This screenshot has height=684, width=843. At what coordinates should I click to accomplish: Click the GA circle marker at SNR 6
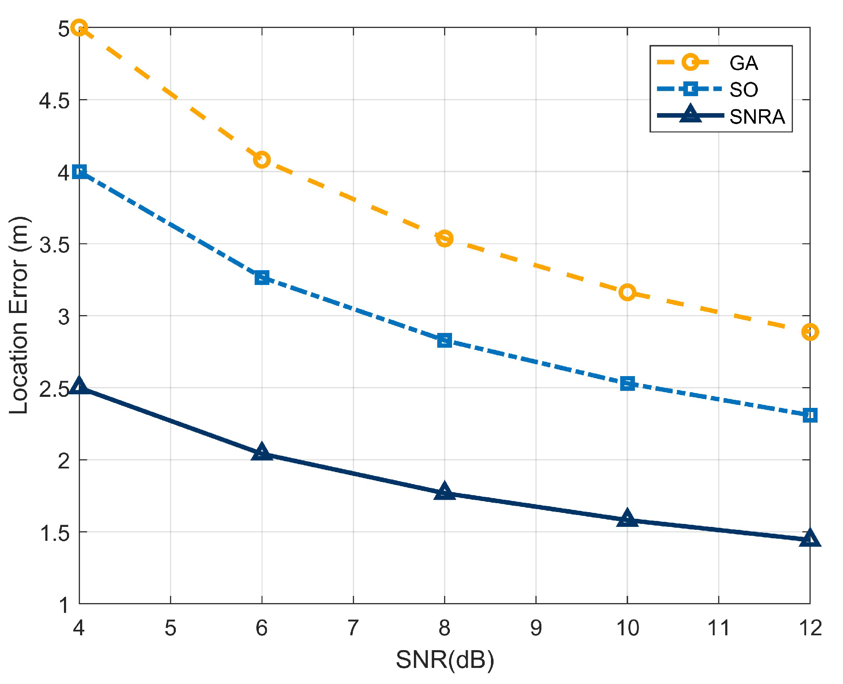pyautogui.click(x=262, y=160)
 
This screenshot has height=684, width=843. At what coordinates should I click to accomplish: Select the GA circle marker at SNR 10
pyautogui.click(x=627, y=292)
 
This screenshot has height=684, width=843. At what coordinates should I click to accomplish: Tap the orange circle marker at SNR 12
pyautogui.click(x=810, y=332)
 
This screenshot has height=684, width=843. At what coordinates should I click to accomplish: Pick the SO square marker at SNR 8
pyautogui.click(x=444, y=340)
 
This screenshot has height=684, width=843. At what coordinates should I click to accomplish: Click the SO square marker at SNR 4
pyautogui.click(x=80, y=172)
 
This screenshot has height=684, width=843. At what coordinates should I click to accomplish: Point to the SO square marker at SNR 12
pyautogui.click(x=810, y=415)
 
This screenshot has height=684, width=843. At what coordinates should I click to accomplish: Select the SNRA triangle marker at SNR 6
pyautogui.click(x=262, y=452)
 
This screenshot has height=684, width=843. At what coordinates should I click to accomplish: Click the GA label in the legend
pyautogui.click(x=743, y=63)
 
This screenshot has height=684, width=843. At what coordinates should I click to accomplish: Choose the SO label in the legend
pyautogui.click(x=743, y=90)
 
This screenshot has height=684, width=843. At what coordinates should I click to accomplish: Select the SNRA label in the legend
pyautogui.click(x=757, y=117)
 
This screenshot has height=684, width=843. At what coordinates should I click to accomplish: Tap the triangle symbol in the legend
pyautogui.click(x=690, y=114)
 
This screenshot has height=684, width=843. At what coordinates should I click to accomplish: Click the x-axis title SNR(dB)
pyautogui.click(x=445, y=659)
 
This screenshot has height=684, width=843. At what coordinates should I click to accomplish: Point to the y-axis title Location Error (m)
pyautogui.click(x=19, y=315)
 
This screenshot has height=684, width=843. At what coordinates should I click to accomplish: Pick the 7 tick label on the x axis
pyautogui.click(x=353, y=628)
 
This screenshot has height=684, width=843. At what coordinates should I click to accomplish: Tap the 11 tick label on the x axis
pyautogui.click(x=718, y=628)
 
